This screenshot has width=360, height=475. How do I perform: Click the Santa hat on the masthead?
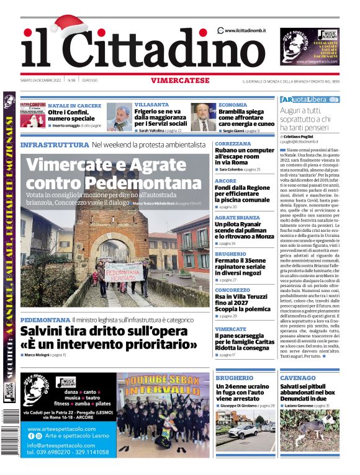click(70, 26)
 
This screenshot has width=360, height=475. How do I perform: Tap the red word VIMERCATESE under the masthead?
click(180, 80)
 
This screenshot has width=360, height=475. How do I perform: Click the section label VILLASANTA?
click(151, 105)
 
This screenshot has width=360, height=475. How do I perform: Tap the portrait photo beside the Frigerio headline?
click(119, 117)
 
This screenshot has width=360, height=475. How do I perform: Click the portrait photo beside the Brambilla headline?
click(203, 117)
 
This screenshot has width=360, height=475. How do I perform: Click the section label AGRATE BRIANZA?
click(237, 218)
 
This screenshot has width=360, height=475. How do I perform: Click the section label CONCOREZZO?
click(233, 290)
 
